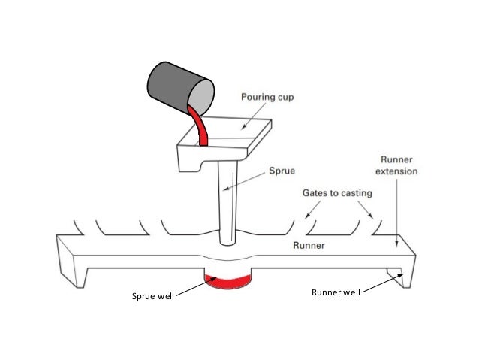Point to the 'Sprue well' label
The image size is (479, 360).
(152, 296)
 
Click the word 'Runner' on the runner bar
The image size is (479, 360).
(309, 245)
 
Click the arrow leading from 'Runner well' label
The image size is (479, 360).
(382, 283)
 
